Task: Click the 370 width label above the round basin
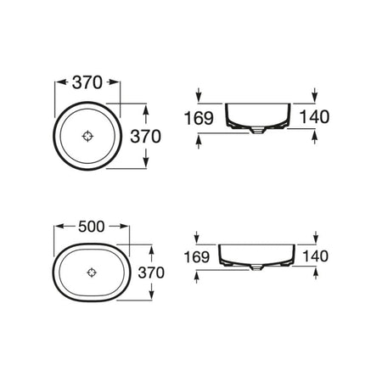[x=87, y=82]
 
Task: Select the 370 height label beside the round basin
[x=145, y=137]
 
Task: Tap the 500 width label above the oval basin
[x=91, y=227]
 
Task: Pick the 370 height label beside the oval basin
[x=151, y=272]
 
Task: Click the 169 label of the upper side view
[x=199, y=118]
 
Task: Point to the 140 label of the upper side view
[x=314, y=117]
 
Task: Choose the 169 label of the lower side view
[x=197, y=257]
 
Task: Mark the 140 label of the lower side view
[x=315, y=256]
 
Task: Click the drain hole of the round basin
[x=87, y=136]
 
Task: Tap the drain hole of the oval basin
[x=92, y=272]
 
